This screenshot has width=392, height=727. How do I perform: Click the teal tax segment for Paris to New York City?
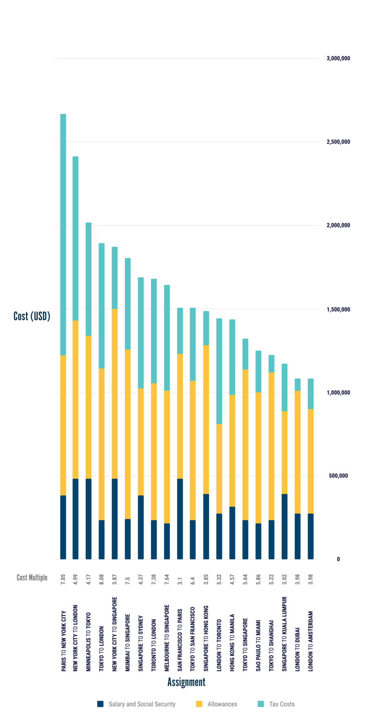[x=63, y=234]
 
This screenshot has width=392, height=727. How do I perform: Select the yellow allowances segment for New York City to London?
[x=75, y=399]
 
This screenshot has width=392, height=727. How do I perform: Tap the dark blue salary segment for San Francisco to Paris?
[x=180, y=519]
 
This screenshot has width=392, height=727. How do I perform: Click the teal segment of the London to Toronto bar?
[x=219, y=371]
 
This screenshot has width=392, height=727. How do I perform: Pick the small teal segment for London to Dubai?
[x=298, y=385]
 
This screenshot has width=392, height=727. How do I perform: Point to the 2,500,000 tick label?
[x=338, y=142]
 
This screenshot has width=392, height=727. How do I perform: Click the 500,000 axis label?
[x=338, y=476]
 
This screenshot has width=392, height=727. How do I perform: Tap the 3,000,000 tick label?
[x=338, y=59]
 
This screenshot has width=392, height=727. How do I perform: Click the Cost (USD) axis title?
[x=32, y=316]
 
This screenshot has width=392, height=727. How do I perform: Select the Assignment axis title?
[x=186, y=682]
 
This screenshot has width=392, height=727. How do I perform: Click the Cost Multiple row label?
[x=32, y=578]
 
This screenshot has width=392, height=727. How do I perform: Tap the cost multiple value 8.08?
[x=102, y=579]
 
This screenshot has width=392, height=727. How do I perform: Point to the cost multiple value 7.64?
[x=167, y=579]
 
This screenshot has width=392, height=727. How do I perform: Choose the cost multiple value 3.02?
[x=284, y=579]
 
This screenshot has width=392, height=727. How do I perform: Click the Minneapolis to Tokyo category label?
[x=88, y=642]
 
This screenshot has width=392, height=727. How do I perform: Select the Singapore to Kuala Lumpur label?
[x=284, y=634]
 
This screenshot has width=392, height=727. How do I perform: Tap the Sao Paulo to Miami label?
[x=258, y=645]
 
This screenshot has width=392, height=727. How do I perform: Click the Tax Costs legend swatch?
[x=261, y=704]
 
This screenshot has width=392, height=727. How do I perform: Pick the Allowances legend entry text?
[x=222, y=704]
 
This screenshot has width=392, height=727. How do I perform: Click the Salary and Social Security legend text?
[x=142, y=704]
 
